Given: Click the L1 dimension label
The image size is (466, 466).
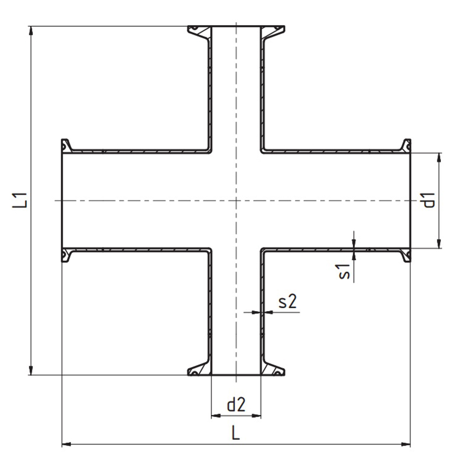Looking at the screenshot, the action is point(20,200).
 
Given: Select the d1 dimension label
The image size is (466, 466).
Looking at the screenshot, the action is point(429,200).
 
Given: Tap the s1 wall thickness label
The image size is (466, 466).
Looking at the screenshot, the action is point(344,271).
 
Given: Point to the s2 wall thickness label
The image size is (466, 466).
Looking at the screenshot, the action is point(288,301).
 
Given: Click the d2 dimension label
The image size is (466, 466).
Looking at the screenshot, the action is point(236,404).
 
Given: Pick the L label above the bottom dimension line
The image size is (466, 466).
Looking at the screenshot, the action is point(236,432).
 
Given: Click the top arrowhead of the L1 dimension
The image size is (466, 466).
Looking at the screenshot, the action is point(31,31).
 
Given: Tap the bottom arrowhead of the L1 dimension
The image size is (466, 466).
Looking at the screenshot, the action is point(31,370).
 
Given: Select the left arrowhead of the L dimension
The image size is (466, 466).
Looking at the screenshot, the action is point(66,444).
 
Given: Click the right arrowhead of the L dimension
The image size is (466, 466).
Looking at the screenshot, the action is point(405,444).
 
